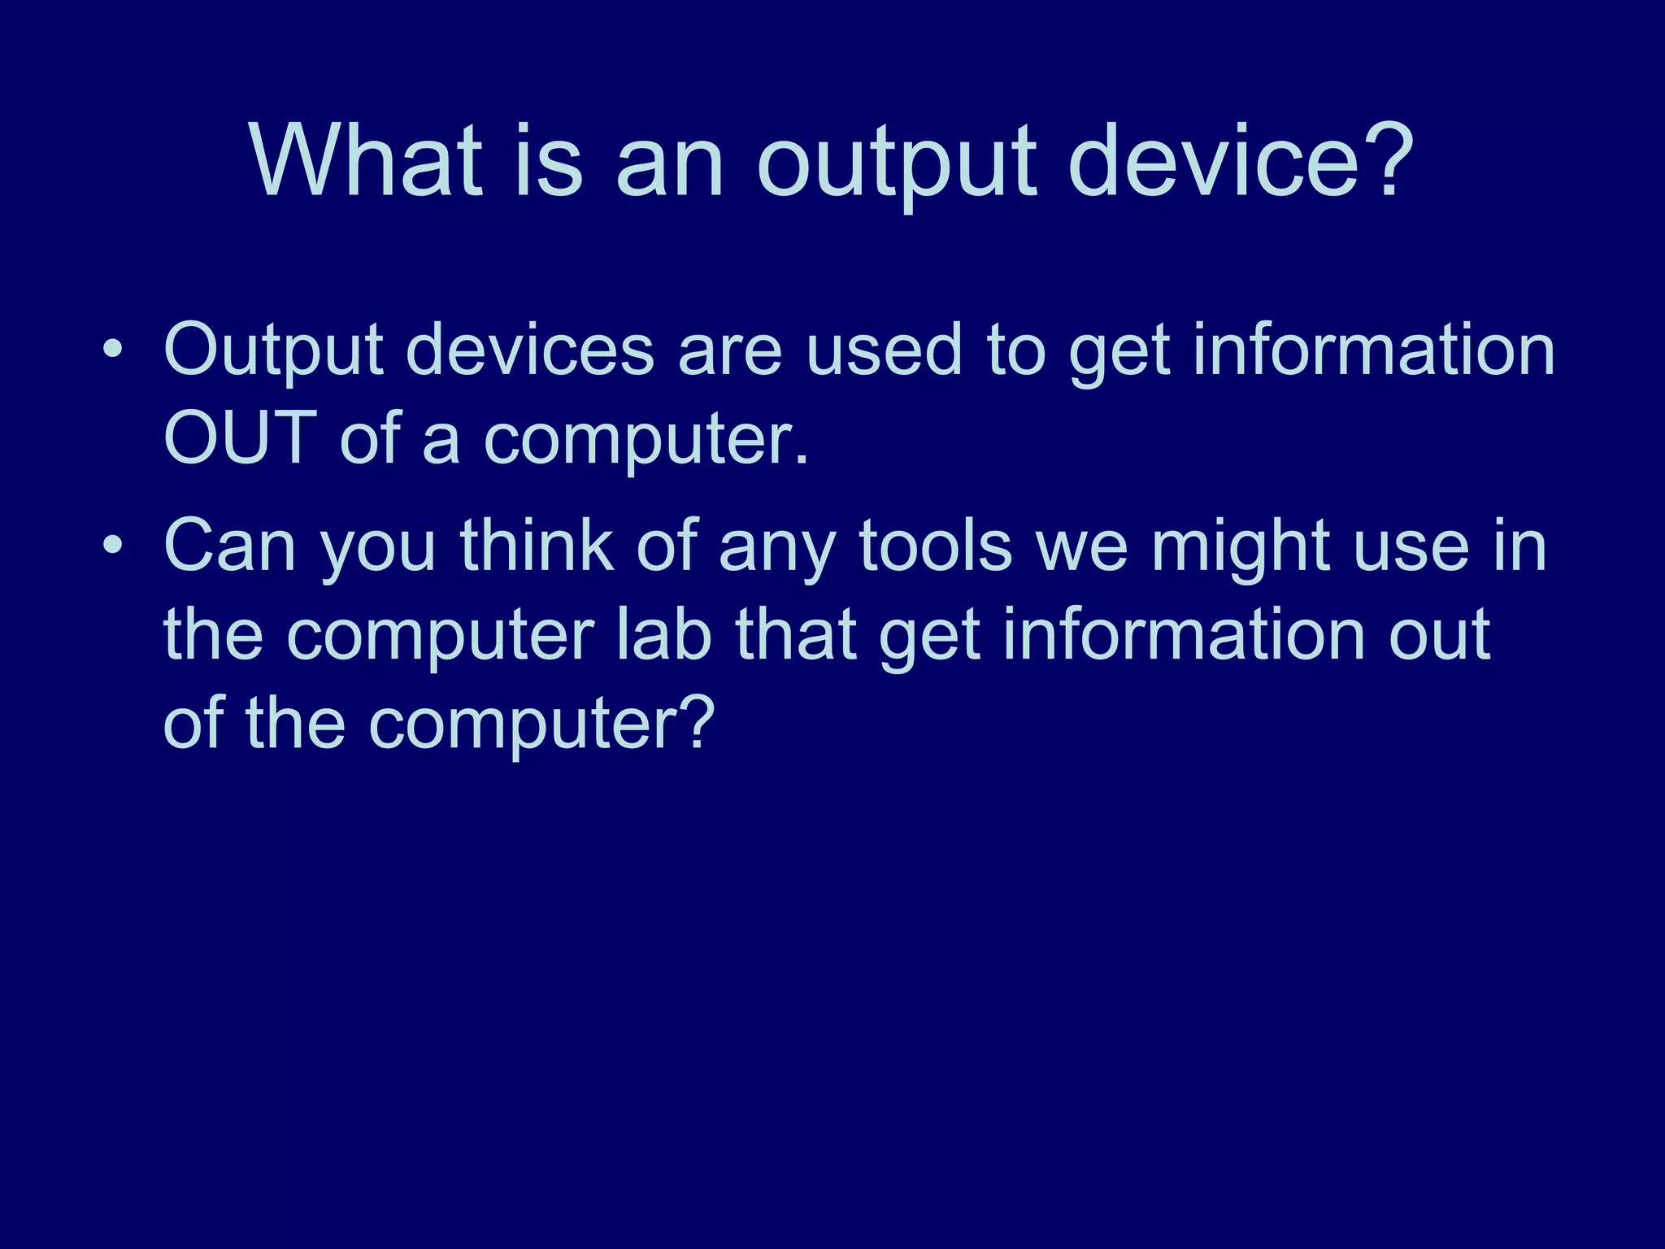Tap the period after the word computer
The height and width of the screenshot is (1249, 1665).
click(802, 459)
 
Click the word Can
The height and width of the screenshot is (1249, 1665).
click(229, 546)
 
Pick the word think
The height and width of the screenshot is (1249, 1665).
click(537, 546)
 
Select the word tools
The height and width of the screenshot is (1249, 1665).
click(935, 546)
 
